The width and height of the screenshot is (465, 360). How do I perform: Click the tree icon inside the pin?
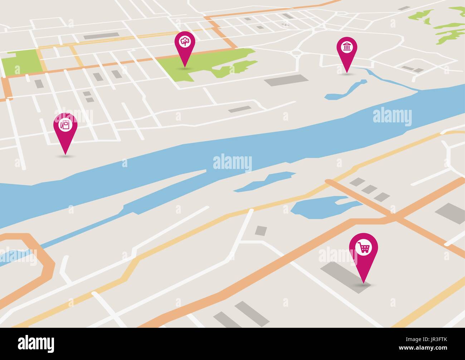[x=185, y=42]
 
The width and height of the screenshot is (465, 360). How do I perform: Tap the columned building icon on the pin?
[x=347, y=47]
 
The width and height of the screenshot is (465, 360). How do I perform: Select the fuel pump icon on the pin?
[x=65, y=125]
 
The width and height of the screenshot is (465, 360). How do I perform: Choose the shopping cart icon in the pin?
[x=364, y=247]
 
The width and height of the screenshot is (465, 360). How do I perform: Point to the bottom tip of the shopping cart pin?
[x=364, y=283]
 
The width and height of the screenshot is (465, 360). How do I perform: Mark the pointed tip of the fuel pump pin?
[x=65, y=155]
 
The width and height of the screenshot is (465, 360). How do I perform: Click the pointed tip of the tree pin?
[x=185, y=67]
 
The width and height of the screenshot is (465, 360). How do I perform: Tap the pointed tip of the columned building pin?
[x=346, y=73]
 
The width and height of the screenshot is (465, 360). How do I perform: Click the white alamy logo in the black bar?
[x=36, y=344]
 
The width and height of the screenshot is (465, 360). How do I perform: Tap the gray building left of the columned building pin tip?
[x=286, y=80]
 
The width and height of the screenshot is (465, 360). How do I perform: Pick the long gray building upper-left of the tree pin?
[x=101, y=36]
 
